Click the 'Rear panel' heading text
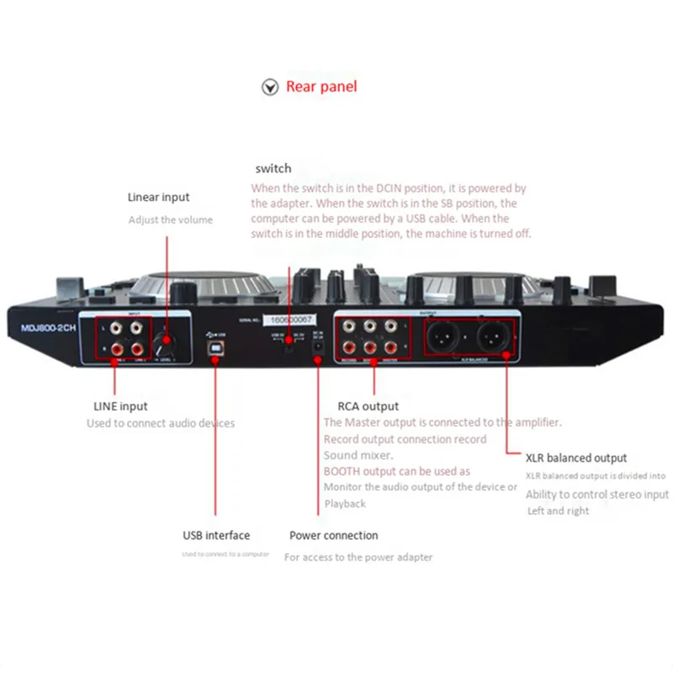(x=321, y=87)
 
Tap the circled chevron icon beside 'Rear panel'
(x=270, y=87)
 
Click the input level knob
(x=167, y=345)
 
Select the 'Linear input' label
(x=158, y=198)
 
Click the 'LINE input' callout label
(x=121, y=406)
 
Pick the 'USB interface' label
(x=216, y=535)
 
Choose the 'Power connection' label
(x=334, y=535)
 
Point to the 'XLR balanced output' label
(x=576, y=458)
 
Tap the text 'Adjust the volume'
(x=171, y=220)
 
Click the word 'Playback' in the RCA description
(x=345, y=503)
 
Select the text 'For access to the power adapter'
(x=358, y=557)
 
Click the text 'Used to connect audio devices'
(x=161, y=423)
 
